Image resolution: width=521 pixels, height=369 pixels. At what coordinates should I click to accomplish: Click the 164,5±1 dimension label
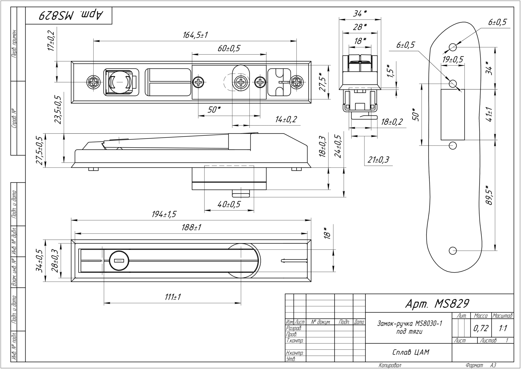click(195, 35)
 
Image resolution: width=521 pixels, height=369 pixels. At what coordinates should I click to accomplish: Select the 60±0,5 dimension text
click(229, 48)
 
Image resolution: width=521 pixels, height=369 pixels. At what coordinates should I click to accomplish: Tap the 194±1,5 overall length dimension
click(164, 214)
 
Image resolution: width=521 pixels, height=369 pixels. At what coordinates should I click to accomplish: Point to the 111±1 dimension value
click(173, 297)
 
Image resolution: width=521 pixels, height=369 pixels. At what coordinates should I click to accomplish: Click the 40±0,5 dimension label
click(229, 204)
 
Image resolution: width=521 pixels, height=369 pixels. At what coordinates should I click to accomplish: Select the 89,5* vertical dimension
click(489, 195)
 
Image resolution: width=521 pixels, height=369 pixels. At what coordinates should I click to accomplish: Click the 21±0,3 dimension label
click(378, 159)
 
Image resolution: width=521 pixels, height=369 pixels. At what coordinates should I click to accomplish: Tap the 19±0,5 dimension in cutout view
click(453, 60)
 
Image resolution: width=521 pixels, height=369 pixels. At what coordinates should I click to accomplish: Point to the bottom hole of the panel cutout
click(453, 251)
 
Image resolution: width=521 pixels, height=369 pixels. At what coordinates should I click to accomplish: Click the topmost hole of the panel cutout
click(453, 47)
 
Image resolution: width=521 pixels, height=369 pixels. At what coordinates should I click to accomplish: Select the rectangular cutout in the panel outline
click(453, 114)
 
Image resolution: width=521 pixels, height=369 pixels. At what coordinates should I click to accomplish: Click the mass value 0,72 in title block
click(481, 328)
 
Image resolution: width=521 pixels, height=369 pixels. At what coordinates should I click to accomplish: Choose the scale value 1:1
click(503, 328)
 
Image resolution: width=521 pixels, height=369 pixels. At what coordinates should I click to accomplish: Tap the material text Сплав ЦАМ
click(410, 352)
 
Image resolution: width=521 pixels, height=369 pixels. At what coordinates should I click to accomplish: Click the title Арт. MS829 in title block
click(437, 304)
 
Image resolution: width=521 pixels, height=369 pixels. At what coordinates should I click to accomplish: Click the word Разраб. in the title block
click(294, 328)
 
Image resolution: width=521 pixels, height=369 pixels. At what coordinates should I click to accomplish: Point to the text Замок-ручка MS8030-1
click(409, 323)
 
